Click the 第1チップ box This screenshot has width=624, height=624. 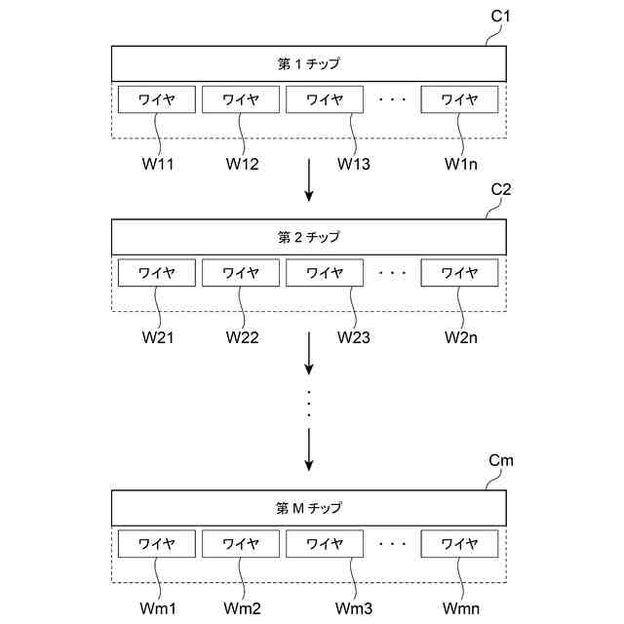[x=309, y=64]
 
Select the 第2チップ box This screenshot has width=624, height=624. [x=309, y=237]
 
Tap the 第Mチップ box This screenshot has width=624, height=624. [x=309, y=508]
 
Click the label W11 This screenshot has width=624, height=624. [x=157, y=163]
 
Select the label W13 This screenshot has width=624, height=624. [x=354, y=163]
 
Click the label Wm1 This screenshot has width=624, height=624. [x=157, y=608]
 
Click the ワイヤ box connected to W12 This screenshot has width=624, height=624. [x=241, y=99]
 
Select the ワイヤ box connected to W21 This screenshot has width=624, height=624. [x=157, y=273]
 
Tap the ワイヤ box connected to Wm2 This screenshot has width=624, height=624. [x=241, y=543]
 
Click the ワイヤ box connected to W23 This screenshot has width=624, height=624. [x=325, y=273]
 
